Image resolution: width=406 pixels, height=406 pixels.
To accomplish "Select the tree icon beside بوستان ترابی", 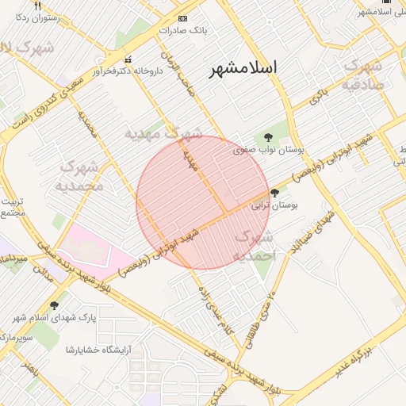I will pyautogui.click(x=274, y=193).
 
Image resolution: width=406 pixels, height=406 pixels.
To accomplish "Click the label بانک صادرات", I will pyautogui.click(x=182, y=30).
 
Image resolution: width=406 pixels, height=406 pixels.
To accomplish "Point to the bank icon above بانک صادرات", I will pyautogui.click(x=183, y=17).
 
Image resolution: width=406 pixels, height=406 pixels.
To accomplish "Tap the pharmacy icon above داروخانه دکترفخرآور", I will pyautogui.click(x=128, y=60).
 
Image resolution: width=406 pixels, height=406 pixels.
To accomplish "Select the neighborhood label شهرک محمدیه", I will pyautogui.click(x=79, y=177).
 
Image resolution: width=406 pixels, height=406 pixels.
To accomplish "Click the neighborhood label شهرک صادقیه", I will pyautogui.click(x=366, y=74).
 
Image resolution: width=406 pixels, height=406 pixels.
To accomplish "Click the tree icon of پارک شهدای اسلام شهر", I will pyautogui.click(x=54, y=305).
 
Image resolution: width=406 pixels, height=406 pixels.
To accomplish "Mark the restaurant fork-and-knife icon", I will pyautogui.click(x=37, y=6).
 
